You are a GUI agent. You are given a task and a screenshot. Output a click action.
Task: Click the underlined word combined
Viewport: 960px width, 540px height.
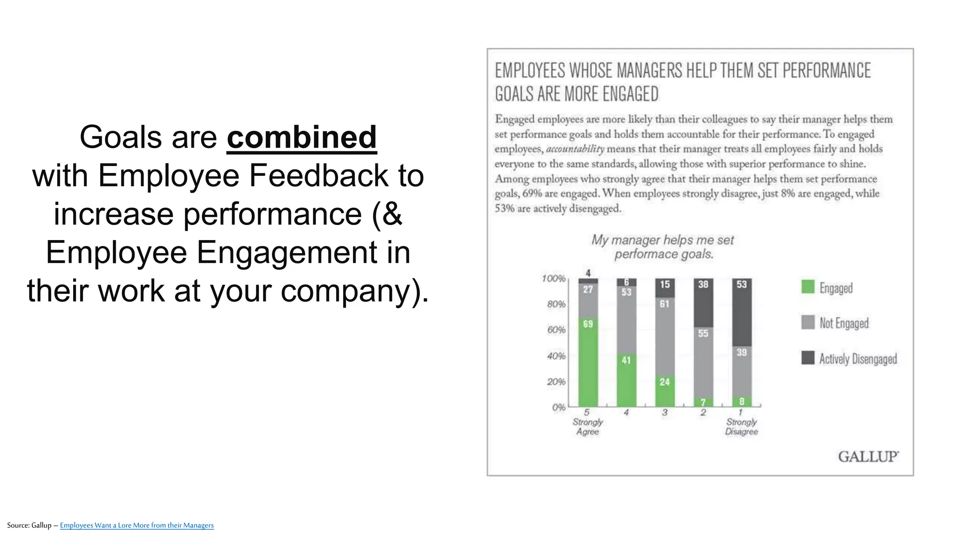coord(301,137)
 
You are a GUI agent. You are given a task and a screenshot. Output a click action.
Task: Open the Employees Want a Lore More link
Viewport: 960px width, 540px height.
coord(136,525)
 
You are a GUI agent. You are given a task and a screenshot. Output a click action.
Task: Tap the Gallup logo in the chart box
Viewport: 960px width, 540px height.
coord(868,457)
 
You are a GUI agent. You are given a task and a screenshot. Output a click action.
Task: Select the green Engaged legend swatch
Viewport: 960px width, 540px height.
coord(808,287)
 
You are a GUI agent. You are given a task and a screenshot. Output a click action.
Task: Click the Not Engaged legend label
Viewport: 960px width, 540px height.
coord(844,323)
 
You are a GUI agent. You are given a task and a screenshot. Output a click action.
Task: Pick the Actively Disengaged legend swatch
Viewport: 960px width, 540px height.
coord(808,358)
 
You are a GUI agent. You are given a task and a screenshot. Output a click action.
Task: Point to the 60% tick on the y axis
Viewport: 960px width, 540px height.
coord(556,330)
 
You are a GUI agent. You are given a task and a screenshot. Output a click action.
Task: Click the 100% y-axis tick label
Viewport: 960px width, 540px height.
coord(554,279)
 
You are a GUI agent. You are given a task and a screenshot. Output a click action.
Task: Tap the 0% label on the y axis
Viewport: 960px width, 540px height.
coord(558,407)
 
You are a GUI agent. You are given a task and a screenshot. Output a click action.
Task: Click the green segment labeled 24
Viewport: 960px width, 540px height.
coord(665,392)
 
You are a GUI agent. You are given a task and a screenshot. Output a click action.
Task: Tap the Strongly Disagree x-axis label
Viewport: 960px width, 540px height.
coord(741,427)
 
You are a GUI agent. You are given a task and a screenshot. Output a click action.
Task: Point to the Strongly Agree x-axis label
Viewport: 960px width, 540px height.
coord(588,427)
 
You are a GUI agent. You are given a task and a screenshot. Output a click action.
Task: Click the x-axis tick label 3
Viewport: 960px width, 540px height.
coord(665,412)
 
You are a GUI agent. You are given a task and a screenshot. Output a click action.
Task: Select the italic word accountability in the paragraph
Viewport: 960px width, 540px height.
coord(575,149)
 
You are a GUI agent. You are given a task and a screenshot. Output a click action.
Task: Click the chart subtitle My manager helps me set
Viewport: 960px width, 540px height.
coord(662,240)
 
